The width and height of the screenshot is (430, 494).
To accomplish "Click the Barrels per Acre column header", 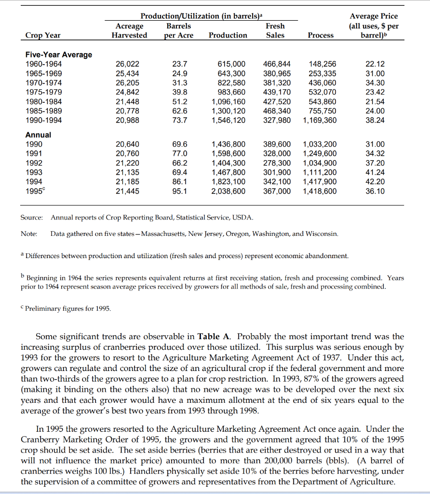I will [178, 30].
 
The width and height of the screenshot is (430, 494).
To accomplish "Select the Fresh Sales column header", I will [275, 30].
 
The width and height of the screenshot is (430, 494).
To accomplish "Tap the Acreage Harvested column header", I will [130, 30].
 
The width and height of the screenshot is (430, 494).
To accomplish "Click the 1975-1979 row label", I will [43, 92].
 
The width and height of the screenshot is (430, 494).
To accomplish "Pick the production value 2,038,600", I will [229, 191].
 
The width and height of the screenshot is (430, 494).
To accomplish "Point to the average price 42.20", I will [376, 181].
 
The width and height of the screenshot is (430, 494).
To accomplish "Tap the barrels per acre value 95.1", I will [179, 191].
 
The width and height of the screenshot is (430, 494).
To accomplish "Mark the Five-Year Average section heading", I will [58, 55].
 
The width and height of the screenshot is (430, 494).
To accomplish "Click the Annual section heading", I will [38, 135].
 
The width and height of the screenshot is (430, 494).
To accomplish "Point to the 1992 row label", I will [34, 163].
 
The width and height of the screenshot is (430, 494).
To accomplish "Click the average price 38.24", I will [376, 120].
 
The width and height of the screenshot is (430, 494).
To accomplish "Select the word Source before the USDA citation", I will [32, 217].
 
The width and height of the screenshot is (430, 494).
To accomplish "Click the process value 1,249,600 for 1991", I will [320, 153].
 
